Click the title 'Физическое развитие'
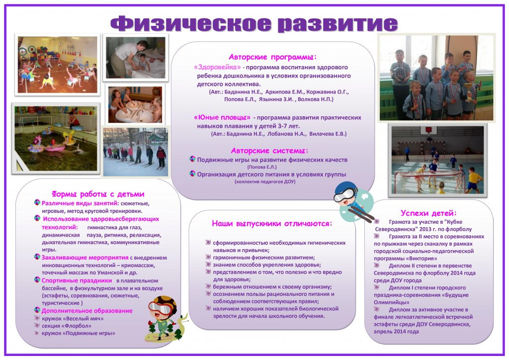click(254, 23)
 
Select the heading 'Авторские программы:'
click(272, 57)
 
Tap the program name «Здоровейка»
click(217, 67)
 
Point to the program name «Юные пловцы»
click(222, 118)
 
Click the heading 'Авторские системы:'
click(269, 150)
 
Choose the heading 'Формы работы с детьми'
click(98, 194)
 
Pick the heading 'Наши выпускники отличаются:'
click(272, 223)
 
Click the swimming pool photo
click(55, 138)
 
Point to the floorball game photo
click(437, 160)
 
